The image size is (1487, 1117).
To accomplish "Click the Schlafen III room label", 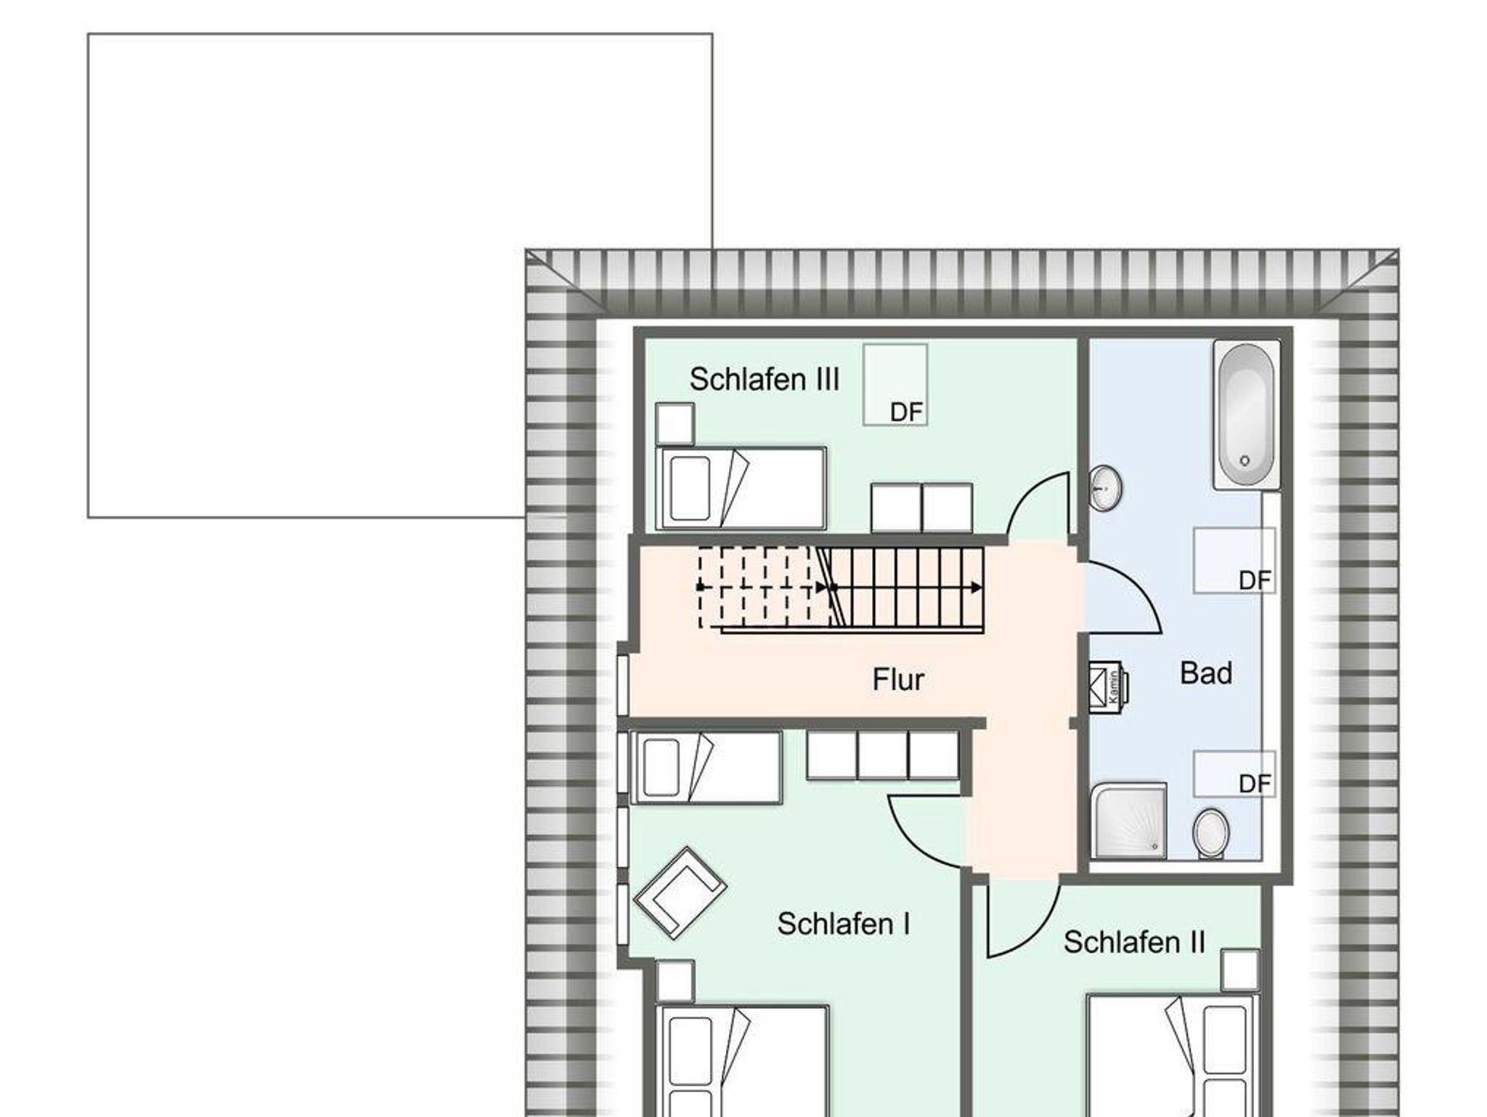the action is click(x=764, y=380).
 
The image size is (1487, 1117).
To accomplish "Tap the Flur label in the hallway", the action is click(x=898, y=680).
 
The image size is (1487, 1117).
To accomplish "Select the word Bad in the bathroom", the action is click(x=1206, y=673).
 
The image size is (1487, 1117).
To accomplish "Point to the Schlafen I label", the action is click(x=843, y=924).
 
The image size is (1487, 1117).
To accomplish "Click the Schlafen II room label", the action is click(x=1134, y=942).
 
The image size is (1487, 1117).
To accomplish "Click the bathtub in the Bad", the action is click(x=1246, y=416).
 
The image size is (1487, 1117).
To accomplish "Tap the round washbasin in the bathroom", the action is click(x=1105, y=489).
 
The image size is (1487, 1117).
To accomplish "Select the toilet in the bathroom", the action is click(x=1210, y=833).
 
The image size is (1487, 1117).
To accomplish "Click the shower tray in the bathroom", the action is click(x=1129, y=820).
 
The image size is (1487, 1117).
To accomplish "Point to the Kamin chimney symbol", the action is click(x=1107, y=685).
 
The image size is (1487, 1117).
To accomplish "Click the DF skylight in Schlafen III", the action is click(x=895, y=385).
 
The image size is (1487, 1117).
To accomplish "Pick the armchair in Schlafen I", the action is click(x=680, y=893).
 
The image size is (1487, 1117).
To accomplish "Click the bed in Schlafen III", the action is click(x=741, y=488).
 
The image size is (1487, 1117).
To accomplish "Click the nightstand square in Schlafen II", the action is click(x=1240, y=970).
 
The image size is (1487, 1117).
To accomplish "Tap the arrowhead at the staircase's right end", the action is click(x=977, y=588).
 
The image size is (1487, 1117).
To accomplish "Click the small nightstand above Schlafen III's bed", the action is click(x=675, y=423).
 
